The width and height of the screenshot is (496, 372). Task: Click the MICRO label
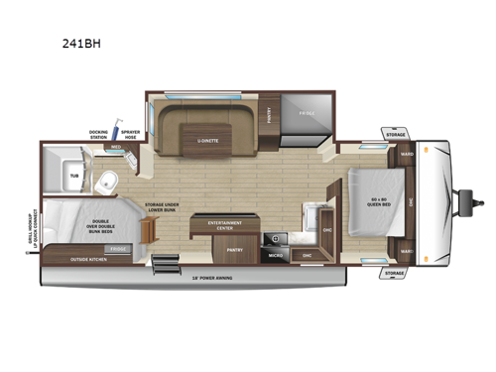277,255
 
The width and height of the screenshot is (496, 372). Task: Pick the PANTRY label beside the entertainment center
234,251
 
